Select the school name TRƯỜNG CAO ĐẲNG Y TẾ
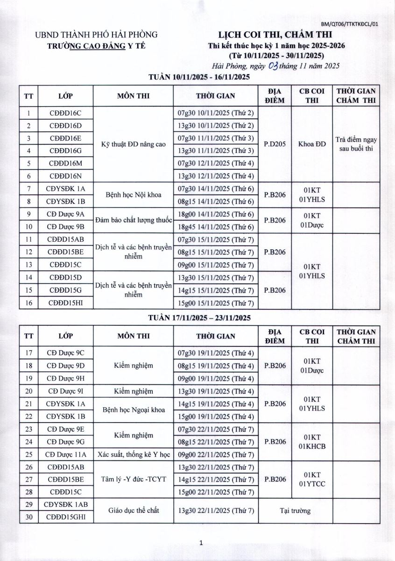pyautogui.click(x=99, y=45)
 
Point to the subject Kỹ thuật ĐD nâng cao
pyautogui.click(x=134, y=144)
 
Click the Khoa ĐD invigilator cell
pyautogui.click(x=312, y=144)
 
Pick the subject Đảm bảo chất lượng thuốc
pyautogui.click(x=134, y=220)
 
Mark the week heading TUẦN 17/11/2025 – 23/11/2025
pyautogui.click(x=200, y=318)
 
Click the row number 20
pyautogui.click(x=29, y=391)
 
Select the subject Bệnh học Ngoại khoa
pyautogui.click(x=134, y=410)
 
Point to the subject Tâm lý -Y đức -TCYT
pyautogui.click(x=134, y=480)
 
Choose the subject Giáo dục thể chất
pyautogui.click(x=134, y=511)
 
